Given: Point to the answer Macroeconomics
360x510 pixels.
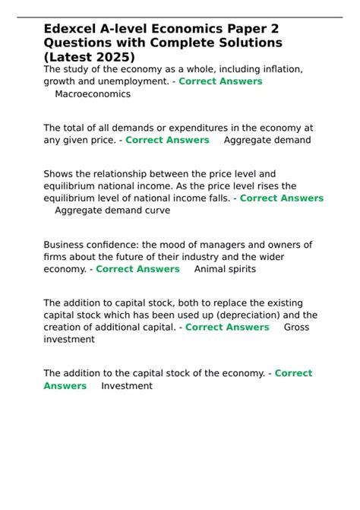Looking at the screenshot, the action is click(x=93, y=94).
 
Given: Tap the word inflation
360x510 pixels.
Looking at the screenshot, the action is click(x=278, y=69).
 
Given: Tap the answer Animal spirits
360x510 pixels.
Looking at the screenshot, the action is click(x=225, y=269).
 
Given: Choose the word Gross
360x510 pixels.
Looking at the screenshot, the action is click(x=298, y=327).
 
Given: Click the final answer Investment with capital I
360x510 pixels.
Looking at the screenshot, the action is click(x=126, y=385).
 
